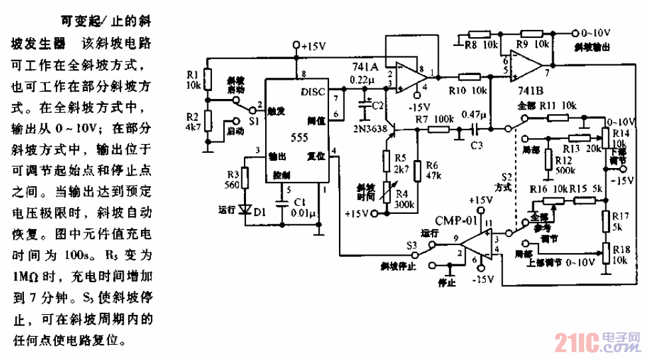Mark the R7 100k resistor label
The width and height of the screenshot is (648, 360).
coord(431,119)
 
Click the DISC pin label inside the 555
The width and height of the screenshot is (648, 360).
coord(313,91)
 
